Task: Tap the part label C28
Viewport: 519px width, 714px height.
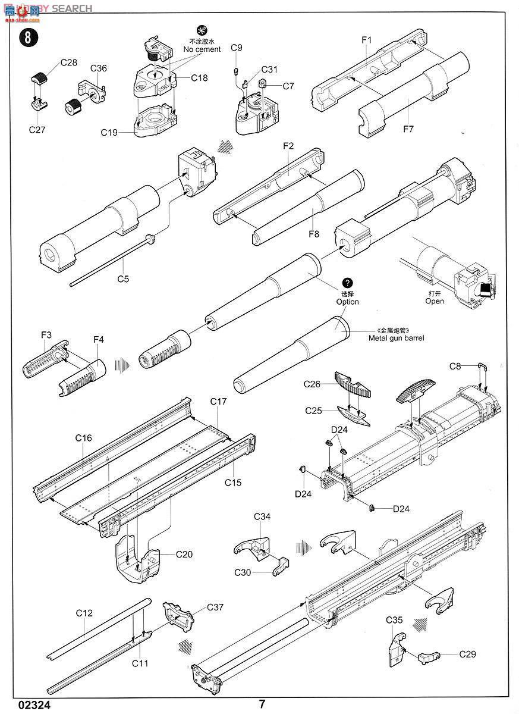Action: click(68, 62)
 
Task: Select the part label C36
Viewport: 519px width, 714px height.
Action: click(99, 68)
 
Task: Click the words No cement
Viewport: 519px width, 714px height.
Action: click(202, 49)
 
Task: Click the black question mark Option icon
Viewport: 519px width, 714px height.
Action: click(347, 283)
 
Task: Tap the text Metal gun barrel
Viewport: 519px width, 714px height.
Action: click(396, 338)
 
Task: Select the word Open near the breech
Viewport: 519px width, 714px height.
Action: click(435, 301)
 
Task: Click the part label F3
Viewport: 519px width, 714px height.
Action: click(46, 335)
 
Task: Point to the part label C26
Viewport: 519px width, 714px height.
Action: click(312, 384)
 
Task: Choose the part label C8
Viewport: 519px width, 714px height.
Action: click(455, 367)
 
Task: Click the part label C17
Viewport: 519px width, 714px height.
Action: click(218, 402)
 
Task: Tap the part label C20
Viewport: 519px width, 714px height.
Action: click(184, 554)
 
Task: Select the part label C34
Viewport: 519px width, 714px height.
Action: click(262, 516)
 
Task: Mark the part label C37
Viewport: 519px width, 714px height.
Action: click(215, 607)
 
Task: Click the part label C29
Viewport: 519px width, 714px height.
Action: click(467, 654)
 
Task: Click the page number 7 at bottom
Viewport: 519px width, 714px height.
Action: click(262, 704)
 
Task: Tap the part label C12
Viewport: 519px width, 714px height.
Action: click(84, 613)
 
